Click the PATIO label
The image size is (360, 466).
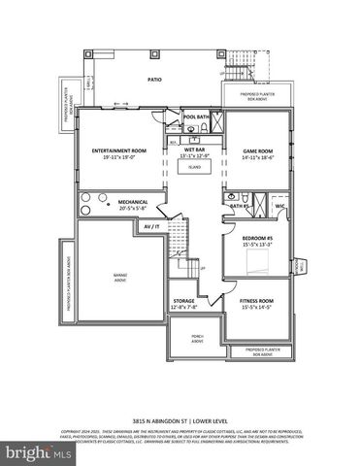pos(153,80)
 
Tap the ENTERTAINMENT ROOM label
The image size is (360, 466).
pos(119,150)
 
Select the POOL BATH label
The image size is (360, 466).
pos(196,116)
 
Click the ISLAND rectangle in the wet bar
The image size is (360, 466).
pos(194,167)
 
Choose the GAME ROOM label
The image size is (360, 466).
pos(257,150)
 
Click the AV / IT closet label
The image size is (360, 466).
pos(150,226)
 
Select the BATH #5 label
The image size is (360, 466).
pos(240,206)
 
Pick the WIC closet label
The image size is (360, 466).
pos(279,206)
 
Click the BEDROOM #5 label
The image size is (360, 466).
pos(257,239)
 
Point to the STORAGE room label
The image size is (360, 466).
pos(185,301)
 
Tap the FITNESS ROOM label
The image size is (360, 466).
pos(257,301)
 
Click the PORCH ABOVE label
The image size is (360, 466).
pos(184,338)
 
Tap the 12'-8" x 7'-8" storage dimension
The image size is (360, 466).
pos(185,308)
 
